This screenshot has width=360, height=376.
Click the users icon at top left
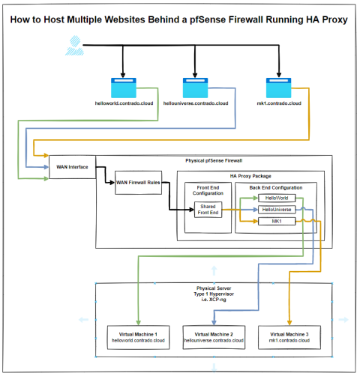click(x=71, y=50)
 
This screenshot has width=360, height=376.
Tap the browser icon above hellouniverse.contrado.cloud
click(x=196, y=86)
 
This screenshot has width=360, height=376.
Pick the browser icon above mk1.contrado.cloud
click(x=279, y=86)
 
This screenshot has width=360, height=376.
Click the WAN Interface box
click(x=69, y=166)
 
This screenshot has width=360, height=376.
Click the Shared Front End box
click(x=208, y=210)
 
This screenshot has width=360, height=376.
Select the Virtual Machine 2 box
click(x=211, y=336)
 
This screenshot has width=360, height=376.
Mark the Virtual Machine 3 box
click(x=288, y=336)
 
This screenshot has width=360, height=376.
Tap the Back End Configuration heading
click(x=271, y=187)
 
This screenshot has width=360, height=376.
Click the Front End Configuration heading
click(x=208, y=191)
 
